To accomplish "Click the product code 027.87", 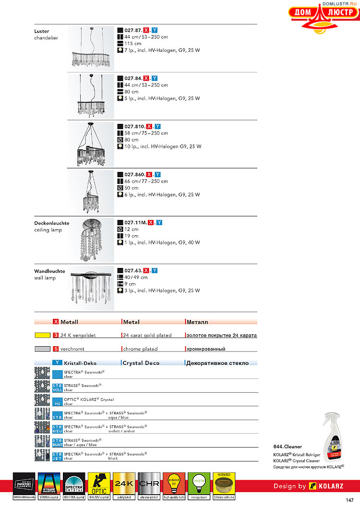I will click(133, 30).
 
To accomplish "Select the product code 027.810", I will click(134, 126).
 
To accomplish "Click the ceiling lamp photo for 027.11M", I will click(91, 240).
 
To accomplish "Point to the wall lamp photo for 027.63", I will click(91, 287).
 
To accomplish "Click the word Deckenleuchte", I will click(51, 223).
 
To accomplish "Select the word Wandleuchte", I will click(49, 271).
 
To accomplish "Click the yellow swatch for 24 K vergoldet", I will click(43, 335).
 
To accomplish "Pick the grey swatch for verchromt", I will click(43, 349).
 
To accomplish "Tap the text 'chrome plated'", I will click(140, 349).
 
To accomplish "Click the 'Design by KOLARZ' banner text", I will click(308, 486).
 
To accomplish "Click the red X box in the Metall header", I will click(56, 322).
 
